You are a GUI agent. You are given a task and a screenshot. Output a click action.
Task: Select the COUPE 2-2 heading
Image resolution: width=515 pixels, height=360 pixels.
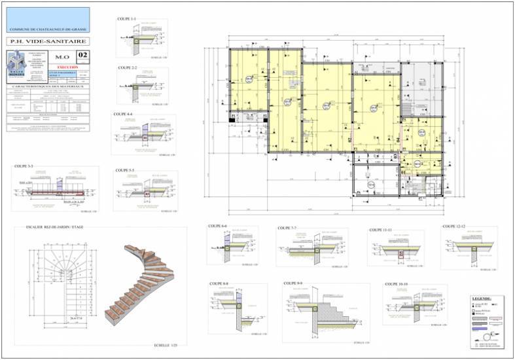pyautogui.click(x=128, y=67)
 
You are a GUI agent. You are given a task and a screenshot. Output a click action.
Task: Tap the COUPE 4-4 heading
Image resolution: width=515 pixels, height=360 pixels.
pyautogui.click(x=123, y=114)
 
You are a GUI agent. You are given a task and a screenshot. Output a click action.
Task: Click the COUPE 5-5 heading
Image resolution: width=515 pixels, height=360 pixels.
pyautogui.click(x=125, y=170)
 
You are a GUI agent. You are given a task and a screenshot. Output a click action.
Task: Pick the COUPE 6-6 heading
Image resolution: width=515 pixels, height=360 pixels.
pyautogui.click(x=217, y=226)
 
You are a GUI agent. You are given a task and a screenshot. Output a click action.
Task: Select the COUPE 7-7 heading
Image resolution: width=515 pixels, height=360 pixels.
pyautogui.click(x=287, y=228)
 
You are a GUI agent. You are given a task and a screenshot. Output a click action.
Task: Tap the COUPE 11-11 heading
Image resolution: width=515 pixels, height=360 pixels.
pyautogui.click(x=381, y=230)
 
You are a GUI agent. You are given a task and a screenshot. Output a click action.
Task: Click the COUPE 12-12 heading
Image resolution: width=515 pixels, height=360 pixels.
pyautogui.click(x=453, y=226)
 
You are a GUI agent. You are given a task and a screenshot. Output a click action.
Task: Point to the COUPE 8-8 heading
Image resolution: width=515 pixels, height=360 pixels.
pyautogui.click(x=220, y=283)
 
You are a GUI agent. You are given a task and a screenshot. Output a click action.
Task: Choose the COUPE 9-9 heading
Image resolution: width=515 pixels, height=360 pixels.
pyautogui.click(x=293, y=283)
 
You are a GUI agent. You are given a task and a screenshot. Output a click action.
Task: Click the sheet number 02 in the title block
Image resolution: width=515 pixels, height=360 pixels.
pyautogui.click(x=82, y=56)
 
